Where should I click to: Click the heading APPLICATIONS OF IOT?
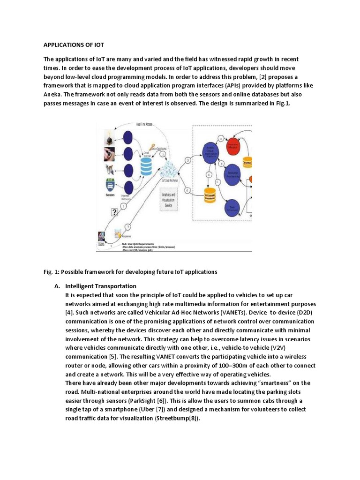tap(74, 45)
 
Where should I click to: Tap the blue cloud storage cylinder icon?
tap(146, 165)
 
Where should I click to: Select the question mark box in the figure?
tap(114, 212)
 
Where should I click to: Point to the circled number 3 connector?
tap(187, 160)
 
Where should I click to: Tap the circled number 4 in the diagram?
tap(187, 190)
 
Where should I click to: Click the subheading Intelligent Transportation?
tap(101, 286)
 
